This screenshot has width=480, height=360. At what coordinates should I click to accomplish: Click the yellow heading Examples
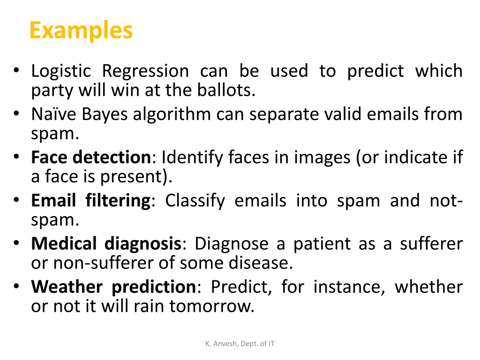[81, 30]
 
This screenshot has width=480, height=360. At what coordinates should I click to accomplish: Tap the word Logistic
[61, 72]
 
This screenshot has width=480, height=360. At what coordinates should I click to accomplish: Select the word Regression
[145, 72]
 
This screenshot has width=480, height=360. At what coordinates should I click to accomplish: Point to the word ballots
[226, 90]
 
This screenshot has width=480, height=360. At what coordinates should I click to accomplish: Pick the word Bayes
[105, 115]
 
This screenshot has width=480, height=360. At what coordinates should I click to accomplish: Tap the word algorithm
[172, 115]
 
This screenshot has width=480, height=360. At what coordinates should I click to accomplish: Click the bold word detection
[112, 157]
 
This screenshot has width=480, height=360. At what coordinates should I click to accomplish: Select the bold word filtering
[118, 201]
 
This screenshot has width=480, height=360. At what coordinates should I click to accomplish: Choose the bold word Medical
[64, 244]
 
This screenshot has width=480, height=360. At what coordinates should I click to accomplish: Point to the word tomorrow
[212, 306]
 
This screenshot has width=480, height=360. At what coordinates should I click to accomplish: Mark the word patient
[322, 244]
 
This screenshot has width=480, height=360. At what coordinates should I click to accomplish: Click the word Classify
[195, 201]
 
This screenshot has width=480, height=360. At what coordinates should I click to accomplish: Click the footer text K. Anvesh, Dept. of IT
[240, 344]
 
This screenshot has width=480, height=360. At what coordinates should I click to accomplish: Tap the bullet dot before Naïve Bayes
[16, 113]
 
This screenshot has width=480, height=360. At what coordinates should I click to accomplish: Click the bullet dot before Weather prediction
[16, 286]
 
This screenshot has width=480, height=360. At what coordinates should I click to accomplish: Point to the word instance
[349, 287]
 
